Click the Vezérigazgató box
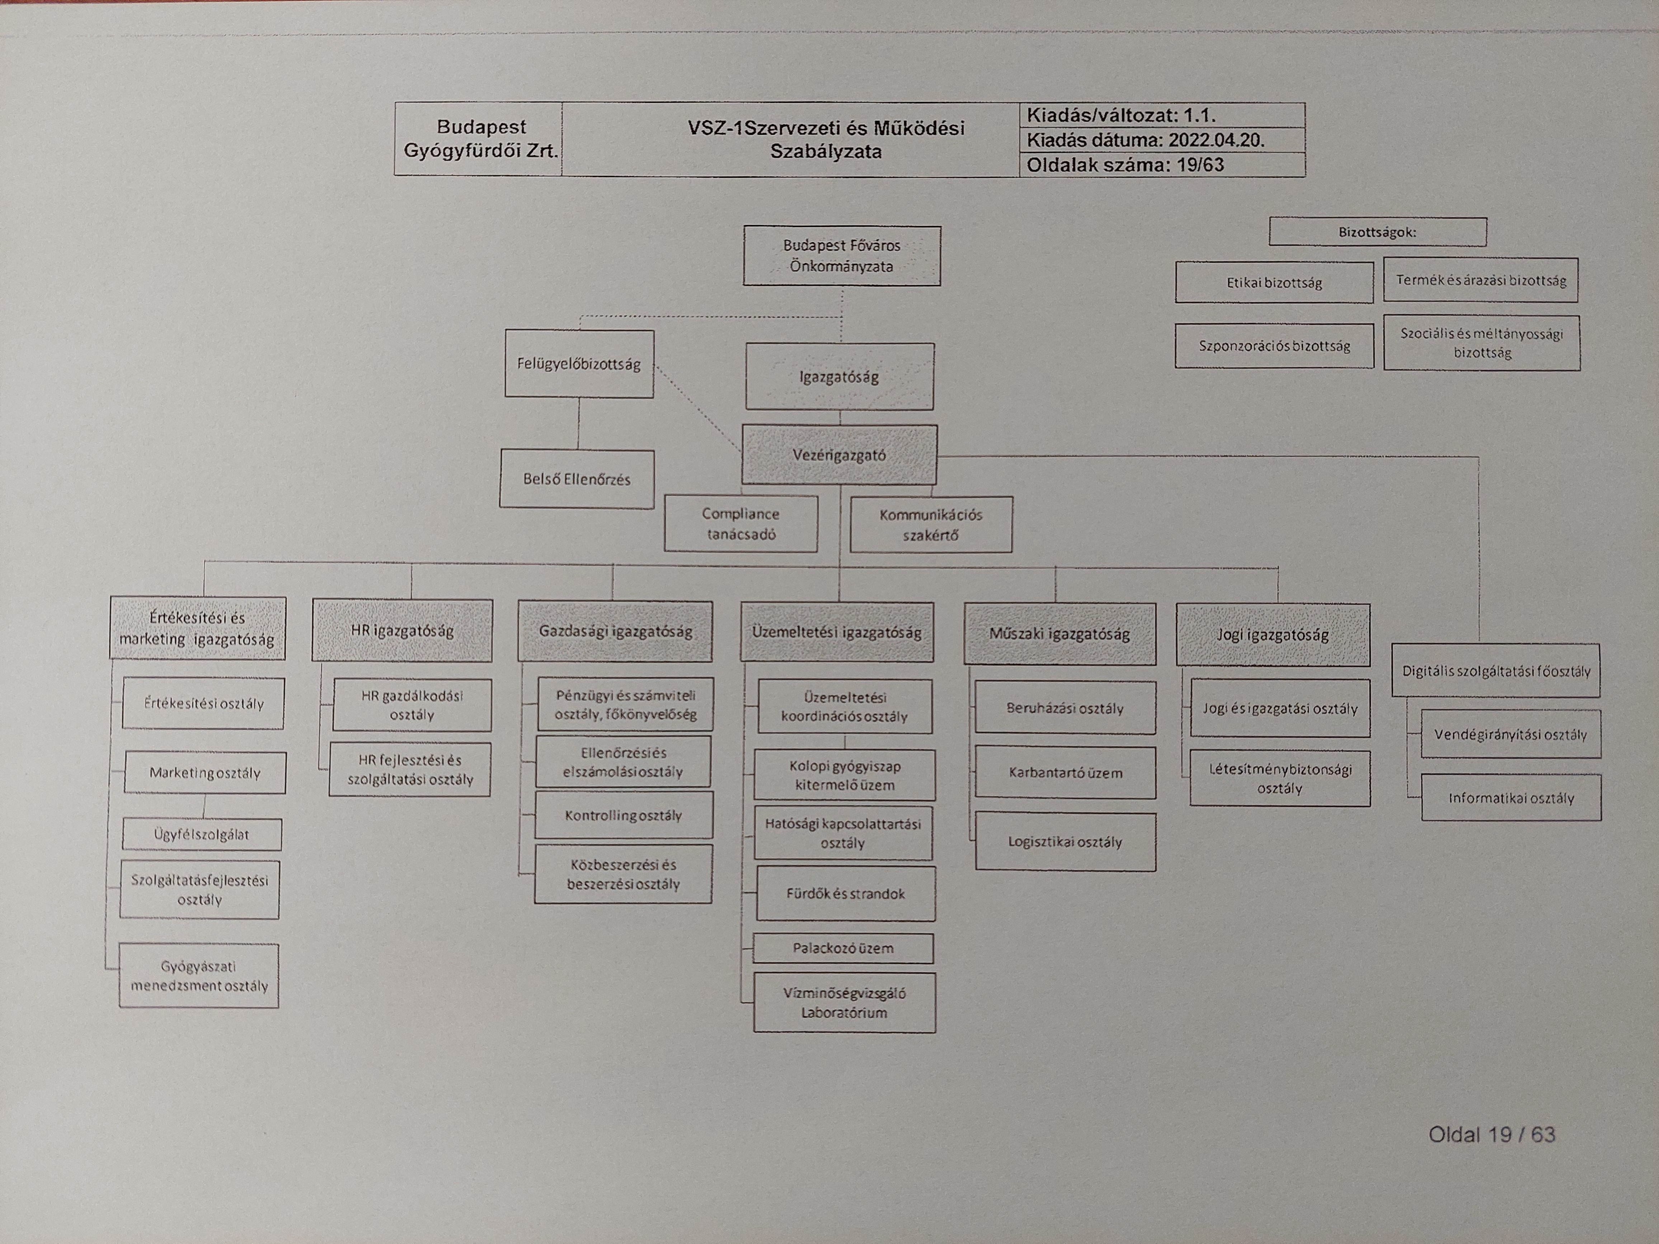(x=839, y=454)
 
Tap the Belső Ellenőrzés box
(x=577, y=479)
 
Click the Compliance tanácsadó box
(x=741, y=523)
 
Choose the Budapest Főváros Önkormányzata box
(x=841, y=256)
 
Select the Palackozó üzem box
(x=843, y=948)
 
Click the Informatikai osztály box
(x=1511, y=798)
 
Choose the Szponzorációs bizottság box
(x=1274, y=346)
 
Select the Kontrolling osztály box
(x=623, y=815)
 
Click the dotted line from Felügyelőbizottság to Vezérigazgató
(x=697, y=409)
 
